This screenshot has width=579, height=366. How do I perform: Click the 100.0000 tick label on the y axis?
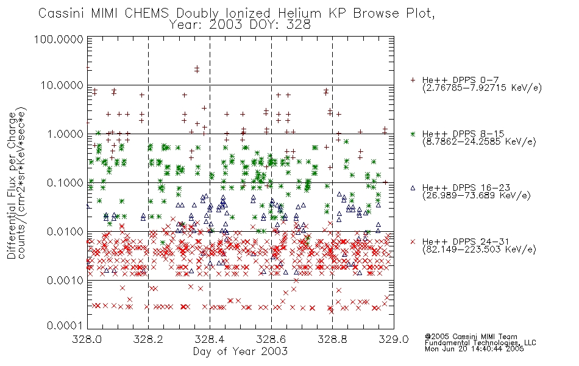pyautogui.click(x=59, y=39)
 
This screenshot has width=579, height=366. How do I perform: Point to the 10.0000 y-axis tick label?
pyautogui.click(x=62, y=85)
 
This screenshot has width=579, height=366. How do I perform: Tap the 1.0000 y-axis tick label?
pyautogui.click(x=65, y=134)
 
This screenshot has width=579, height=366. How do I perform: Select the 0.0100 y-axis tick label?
pyautogui.click(x=65, y=232)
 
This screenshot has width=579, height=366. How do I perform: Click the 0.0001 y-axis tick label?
pyautogui.click(x=65, y=325)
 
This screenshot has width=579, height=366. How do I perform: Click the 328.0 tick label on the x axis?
pyautogui.click(x=87, y=339)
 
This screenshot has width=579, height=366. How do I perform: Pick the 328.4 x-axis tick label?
pyautogui.click(x=210, y=339)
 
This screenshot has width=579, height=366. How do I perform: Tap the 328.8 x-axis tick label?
pyautogui.click(x=332, y=339)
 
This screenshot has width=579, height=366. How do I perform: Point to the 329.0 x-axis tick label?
pyautogui.click(x=394, y=339)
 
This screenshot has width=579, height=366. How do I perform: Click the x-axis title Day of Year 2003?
pyautogui.click(x=240, y=351)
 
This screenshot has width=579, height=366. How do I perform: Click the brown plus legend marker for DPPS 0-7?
pyautogui.click(x=413, y=80)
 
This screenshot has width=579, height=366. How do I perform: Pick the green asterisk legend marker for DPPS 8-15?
pyautogui.click(x=413, y=134)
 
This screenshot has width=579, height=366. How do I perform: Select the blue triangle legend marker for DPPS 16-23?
pyautogui.click(x=413, y=188)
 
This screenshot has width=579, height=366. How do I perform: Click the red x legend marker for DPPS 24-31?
pyautogui.click(x=413, y=242)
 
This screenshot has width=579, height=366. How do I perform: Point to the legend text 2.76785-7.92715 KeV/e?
pyautogui.click(x=482, y=88)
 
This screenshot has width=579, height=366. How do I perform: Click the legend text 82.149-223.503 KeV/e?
pyautogui.click(x=479, y=249)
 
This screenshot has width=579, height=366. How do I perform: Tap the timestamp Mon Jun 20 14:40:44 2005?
pyautogui.click(x=474, y=349)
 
